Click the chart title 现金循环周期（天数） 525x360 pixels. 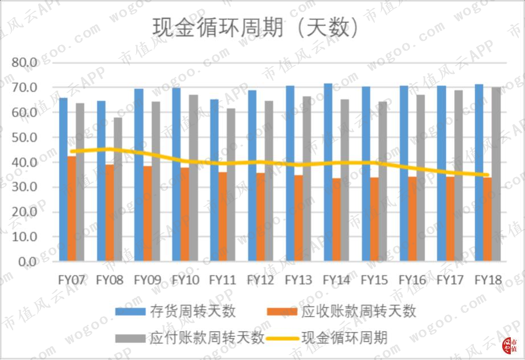(255, 27)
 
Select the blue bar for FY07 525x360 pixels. (63, 179)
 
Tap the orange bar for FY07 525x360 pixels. (72, 208)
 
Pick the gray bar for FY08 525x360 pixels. (118, 189)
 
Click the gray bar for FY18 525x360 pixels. (496, 174)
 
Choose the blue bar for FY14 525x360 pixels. (328, 172)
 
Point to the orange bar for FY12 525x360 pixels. (260, 217)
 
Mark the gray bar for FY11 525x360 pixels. (231, 185)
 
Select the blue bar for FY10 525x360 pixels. (177, 174)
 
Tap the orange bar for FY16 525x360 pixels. (412, 219)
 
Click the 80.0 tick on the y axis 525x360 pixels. (24, 62)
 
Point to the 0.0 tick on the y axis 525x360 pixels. (27, 262)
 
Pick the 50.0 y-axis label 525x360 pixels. (24, 137)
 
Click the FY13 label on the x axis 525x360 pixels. (298, 280)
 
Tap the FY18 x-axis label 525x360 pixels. (488, 280)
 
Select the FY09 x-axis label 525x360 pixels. (147, 280)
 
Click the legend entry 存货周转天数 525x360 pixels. (176, 312)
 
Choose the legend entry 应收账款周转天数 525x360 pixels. (342, 312)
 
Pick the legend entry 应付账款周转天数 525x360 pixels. (190, 338)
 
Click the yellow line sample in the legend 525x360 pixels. (282, 338)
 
